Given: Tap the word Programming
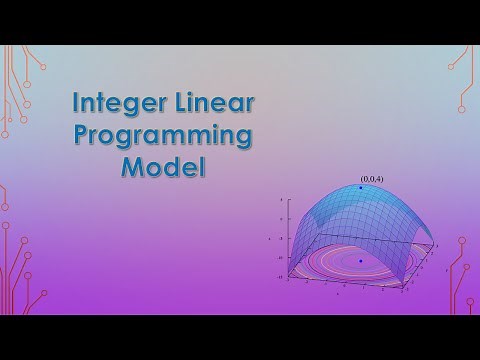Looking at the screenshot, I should pyautogui.click(x=163, y=135).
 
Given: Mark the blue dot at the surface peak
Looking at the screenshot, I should pyautogui.click(x=361, y=187).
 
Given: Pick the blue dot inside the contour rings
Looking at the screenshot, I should pyautogui.click(x=361, y=261).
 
